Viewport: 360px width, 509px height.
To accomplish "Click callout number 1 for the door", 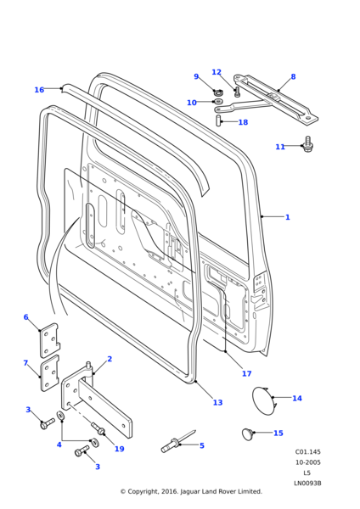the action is (287, 217).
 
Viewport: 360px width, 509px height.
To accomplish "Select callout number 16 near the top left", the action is (39, 90).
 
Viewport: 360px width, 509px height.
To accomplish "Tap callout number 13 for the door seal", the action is (217, 402).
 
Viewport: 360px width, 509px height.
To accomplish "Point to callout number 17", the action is (246, 373).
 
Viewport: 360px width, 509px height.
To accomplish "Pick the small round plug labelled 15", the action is (248, 434).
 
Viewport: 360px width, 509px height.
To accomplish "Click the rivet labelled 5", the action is (177, 442).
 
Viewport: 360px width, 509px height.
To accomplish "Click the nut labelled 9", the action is (218, 92).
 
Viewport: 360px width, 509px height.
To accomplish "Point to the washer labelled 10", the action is (218, 102).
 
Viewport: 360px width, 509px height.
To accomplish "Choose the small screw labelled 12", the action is (237, 92).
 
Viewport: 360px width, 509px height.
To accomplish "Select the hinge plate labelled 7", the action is (49, 373).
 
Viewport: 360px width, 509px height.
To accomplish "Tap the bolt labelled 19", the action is (98, 428).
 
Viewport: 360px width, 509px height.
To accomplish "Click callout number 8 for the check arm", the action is (293, 77).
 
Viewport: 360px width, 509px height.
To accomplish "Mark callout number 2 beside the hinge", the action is (110, 359).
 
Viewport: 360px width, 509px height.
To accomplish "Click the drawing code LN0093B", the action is (307, 484).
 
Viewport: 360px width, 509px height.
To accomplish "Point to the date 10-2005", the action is (307, 462).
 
